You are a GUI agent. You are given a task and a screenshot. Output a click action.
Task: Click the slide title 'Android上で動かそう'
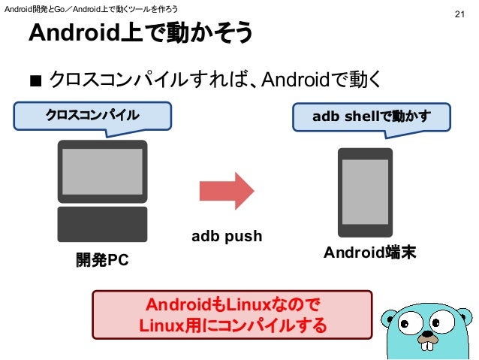click(x=140, y=34)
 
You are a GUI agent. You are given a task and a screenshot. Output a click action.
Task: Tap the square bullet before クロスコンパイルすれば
click(x=35, y=80)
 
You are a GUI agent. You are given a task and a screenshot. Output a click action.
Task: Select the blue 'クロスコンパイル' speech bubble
click(x=92, y=116)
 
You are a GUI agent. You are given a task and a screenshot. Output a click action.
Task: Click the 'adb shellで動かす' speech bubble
click(x=372, y=116)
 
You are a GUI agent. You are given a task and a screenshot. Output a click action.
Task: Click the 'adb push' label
click(x=227, y=237)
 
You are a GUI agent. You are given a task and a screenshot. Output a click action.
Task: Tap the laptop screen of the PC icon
click(x=101, y=171)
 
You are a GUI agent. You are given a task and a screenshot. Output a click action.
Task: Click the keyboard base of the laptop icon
click(x=102, y=224)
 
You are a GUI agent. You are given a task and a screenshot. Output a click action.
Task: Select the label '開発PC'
click(x=101, y=260)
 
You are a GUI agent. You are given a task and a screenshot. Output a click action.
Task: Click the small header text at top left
click(x=91, y=8)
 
